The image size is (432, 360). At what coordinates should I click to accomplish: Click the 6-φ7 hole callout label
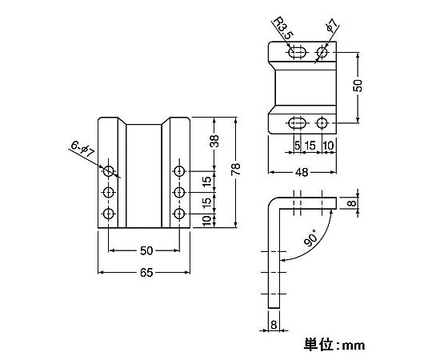pos(82,149)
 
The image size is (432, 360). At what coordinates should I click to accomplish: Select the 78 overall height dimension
pos(236,169)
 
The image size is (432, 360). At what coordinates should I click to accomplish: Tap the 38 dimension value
pos(215,141)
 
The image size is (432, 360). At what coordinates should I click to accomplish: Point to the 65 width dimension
pos(146,273)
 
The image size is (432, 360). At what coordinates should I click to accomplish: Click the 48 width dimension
pos(302,173)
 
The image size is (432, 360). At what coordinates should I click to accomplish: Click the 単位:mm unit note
pos(334,345)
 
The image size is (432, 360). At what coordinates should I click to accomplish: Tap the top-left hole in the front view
pos(109,171)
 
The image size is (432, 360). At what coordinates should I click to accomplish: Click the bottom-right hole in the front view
pos(180,213)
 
